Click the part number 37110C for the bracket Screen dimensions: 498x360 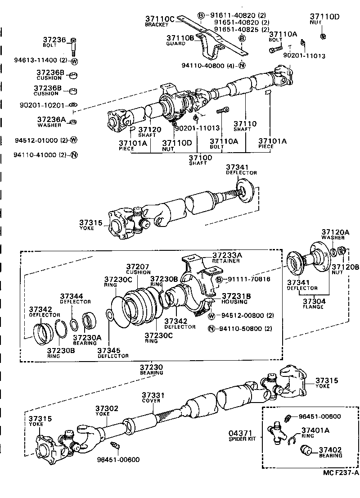tap(159, 19)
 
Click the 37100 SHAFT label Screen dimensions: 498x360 tap(200, 160)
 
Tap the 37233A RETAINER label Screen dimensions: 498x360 tap(227, 258)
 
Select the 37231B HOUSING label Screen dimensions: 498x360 tap(235, 298)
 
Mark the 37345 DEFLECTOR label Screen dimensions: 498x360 tap(113, 352)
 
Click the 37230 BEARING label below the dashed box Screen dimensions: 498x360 tap(151, 370)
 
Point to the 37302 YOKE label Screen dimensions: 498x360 tap(107, 411)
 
